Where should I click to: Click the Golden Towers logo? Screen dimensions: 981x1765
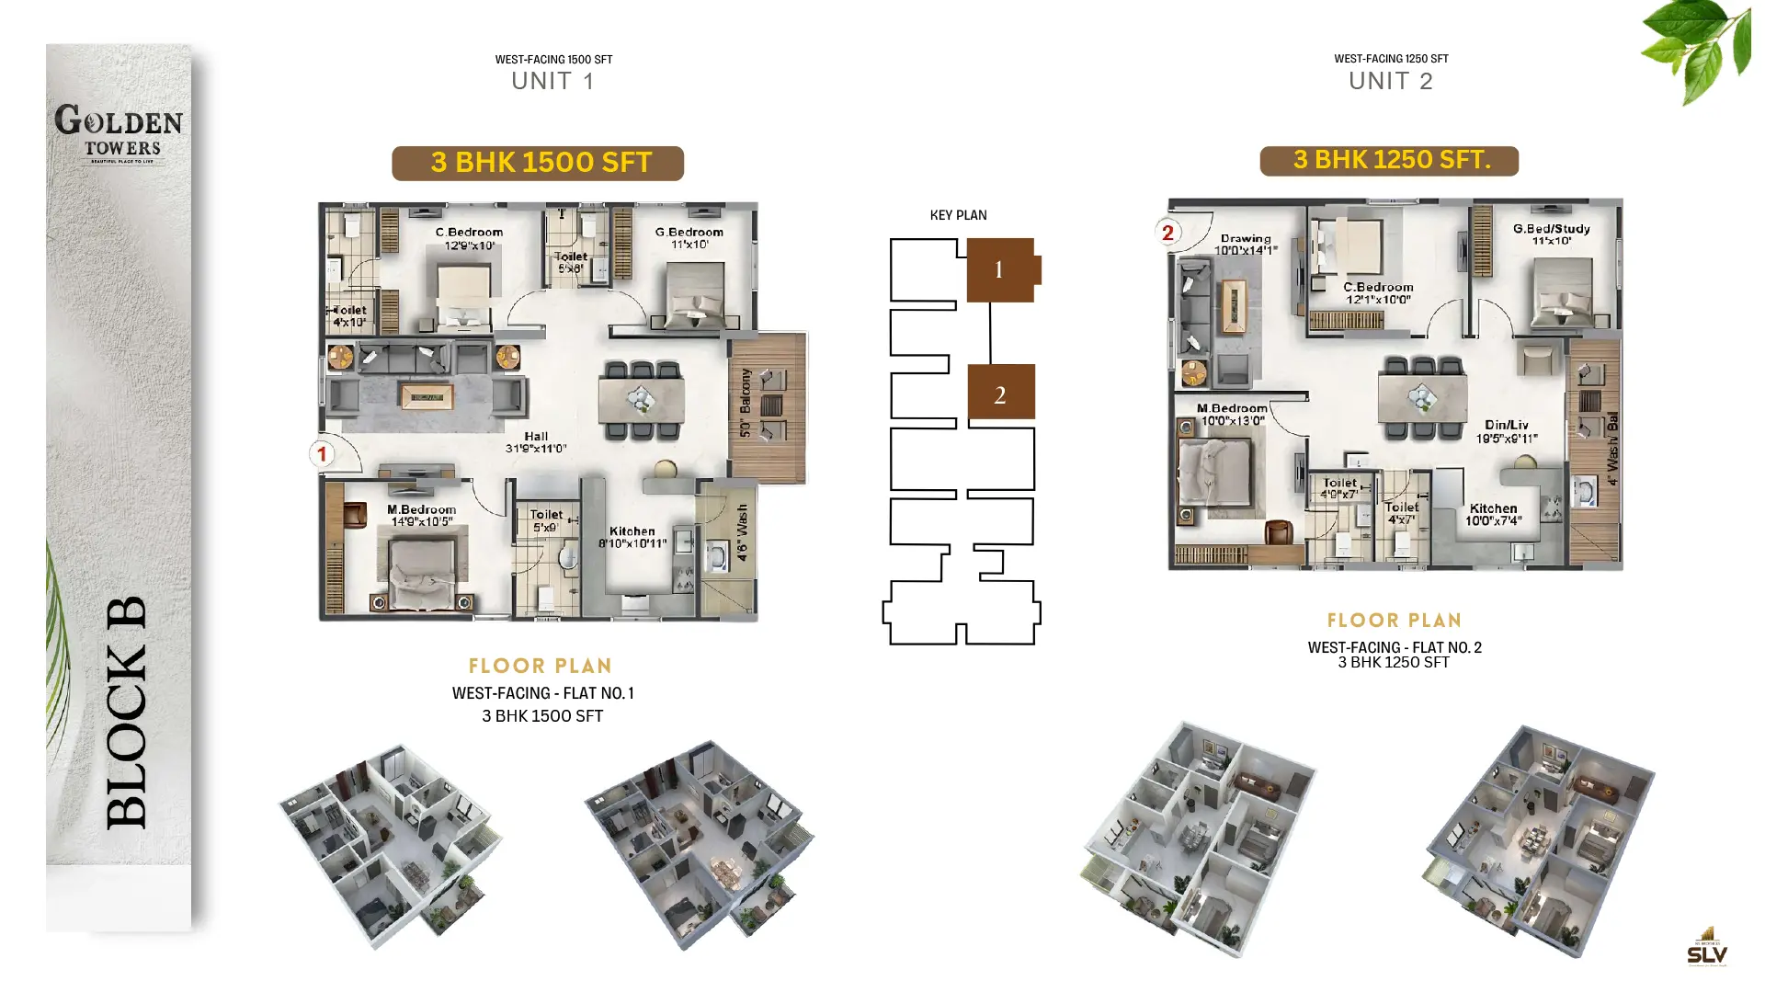pos(119,133)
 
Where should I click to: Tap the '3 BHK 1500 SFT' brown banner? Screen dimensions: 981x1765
pos(538,163)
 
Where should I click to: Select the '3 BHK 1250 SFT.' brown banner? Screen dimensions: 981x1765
pos(1389,160)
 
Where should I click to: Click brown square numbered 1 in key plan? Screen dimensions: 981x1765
pos(1000,269)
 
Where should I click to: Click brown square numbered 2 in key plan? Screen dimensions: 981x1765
pos(1001,393)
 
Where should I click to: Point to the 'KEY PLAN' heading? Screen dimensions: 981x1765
pos(958,215)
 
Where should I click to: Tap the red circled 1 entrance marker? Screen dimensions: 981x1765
pos(322,453)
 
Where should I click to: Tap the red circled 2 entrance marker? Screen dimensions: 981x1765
pos(1167,233)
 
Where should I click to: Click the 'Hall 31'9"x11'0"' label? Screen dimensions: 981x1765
pos(536,442)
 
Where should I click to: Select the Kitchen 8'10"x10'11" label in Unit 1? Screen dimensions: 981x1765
pos(632,537)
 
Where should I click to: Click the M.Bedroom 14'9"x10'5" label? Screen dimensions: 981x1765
pos(422,515)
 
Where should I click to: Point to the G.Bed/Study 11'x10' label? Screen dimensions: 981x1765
pos(1551,234)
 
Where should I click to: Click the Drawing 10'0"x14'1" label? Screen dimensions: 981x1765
pos(1246,244)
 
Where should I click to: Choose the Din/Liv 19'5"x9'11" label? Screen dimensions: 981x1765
pos(1507,431)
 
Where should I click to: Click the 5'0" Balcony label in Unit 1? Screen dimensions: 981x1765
pos(746,403)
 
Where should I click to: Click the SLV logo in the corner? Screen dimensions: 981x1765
pos(1707,948)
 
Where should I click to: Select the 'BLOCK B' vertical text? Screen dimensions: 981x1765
pos(127,713)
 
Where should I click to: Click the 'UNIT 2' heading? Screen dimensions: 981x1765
pos(1390,81)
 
